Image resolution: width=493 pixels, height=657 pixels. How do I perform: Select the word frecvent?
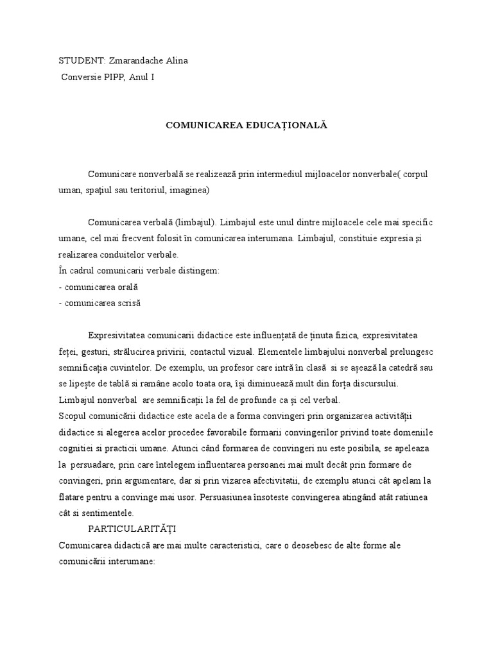[x=130, y=238]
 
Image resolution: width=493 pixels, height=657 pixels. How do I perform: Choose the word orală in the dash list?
[x=127, y=286]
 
